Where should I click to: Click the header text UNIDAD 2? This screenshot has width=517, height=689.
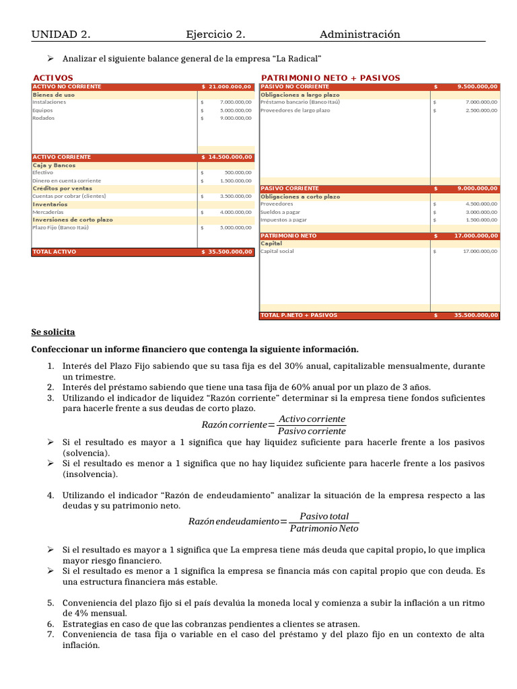tap(61, 34)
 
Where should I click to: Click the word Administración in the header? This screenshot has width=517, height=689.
tap(359, 34)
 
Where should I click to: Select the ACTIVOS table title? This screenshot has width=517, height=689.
tap(53, 78)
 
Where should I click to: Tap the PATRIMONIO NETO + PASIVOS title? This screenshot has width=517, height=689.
tap(330, 78)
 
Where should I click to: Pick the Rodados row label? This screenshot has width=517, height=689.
tap(43, 118)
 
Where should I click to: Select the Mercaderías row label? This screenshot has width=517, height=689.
tap(48, 212)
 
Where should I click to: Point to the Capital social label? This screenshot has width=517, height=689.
tap(277, 251)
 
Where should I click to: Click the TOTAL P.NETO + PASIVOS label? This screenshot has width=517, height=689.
tap(299, 315)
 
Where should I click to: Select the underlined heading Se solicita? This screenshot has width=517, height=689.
tap(53, 332)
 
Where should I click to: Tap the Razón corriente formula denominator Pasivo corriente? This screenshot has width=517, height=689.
tap(312, 431)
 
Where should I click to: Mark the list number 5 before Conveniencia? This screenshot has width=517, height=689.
tap(50, 603)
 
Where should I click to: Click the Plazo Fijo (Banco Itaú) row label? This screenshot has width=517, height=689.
tap(61, 227)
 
